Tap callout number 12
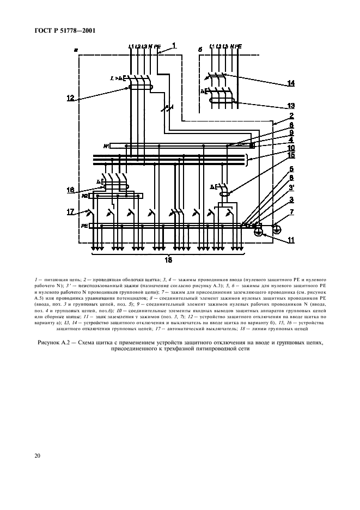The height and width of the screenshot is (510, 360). tap(71, 98)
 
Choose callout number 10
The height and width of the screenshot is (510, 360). tap(292, 148)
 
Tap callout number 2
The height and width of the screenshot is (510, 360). tap(292, 116)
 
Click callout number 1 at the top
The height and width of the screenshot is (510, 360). tap(174, 45)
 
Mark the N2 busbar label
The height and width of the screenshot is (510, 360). tap(86, 195)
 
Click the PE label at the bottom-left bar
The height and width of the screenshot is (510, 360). tap(84, 225)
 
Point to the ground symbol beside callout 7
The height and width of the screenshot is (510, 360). tap(277, 229)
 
